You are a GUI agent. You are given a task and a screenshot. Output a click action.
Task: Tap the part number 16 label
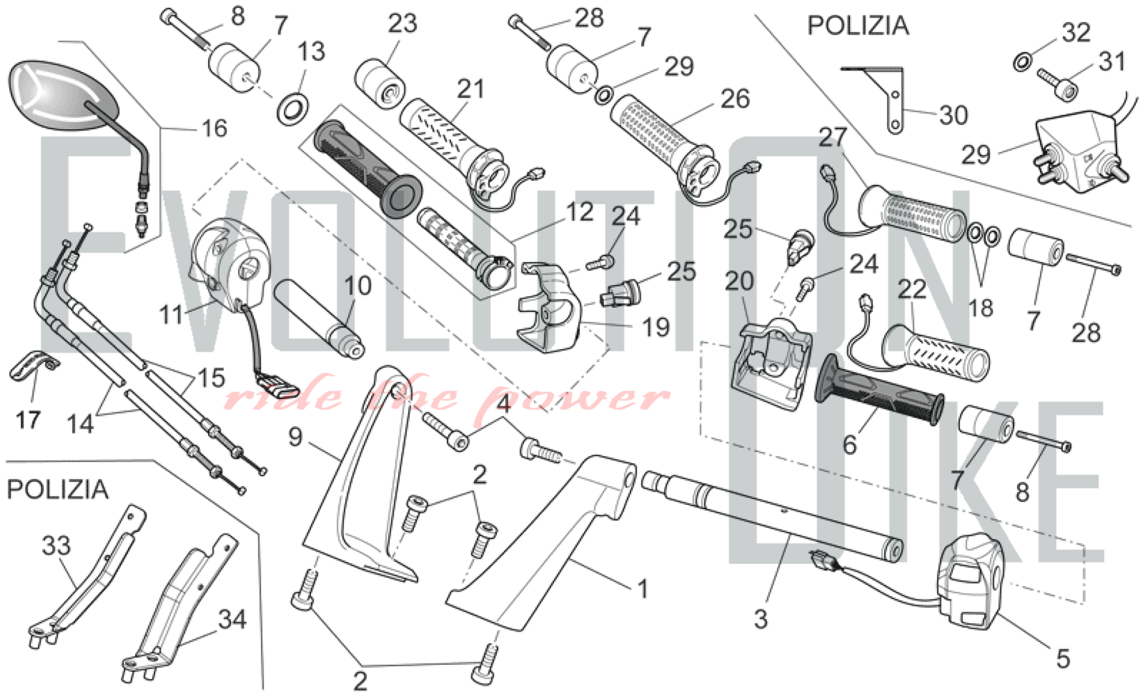[x=214, y=128]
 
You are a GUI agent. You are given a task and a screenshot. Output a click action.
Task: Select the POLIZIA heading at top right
[x=857, y=26]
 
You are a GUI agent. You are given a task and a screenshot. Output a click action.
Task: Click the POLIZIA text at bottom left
[x=58, y=489]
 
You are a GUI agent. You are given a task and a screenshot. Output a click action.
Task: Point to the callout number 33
[x=56, y=546]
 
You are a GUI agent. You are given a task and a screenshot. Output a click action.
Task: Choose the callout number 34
[x=232, y=619]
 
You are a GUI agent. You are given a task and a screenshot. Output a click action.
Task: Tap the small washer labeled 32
[x=1022, y=61]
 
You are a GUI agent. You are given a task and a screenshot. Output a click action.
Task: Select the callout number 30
[x=953, y=115]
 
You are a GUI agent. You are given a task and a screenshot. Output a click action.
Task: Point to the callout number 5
[x=1062, y=659]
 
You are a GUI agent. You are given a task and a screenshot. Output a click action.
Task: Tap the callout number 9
[x=295, y=437]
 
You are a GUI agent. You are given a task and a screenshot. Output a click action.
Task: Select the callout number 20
[x=739, y=281]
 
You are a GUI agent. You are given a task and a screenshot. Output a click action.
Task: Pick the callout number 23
[x=403, y=24]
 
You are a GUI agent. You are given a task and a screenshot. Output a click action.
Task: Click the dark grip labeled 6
[x=879, y=394]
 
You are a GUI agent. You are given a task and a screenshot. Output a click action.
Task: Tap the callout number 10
[x=358, y=285]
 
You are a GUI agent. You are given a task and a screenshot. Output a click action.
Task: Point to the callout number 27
[x=834, y=137]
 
